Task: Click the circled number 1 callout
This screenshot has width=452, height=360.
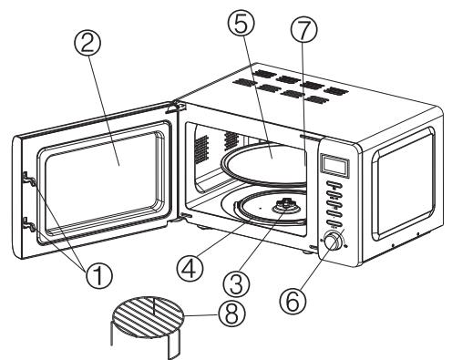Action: click(99, 275)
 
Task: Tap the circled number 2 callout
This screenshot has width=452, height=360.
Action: click(87, 43)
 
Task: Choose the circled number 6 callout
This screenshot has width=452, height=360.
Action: click(293, 300)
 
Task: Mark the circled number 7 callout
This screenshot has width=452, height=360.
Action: click(303, 30)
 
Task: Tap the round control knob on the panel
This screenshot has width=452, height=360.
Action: click(333, 242)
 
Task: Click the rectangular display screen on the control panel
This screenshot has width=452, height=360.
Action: click(334, 166)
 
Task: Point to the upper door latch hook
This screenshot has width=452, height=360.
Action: click(29, 179)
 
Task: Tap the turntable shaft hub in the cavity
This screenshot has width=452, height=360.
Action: click(285, 206)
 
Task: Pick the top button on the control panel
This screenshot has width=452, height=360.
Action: click(334, 186)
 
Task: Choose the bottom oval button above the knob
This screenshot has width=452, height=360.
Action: click(334, 224)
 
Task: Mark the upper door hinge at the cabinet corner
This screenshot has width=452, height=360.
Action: click(176, 108)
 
